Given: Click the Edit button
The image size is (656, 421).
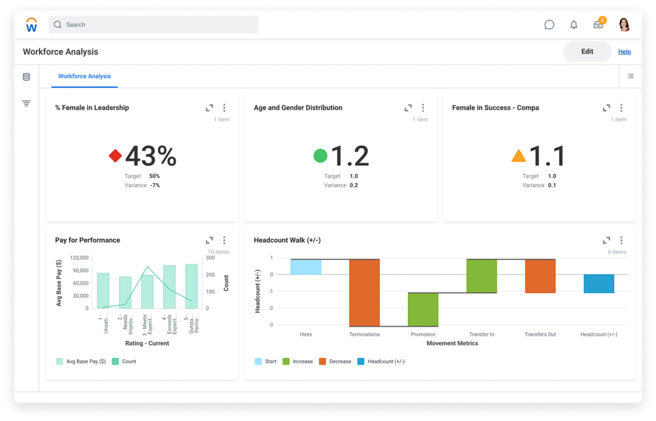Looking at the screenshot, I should [x=587, y=52].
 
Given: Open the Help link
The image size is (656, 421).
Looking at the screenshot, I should [x=625, y=52].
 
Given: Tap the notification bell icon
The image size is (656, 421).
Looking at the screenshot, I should [x=574, y=25].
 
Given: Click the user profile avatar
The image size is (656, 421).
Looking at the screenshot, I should [x=624, y=25].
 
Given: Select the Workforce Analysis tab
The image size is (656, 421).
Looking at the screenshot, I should [x=85, y=76].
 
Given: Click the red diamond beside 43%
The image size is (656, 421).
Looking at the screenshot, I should [x=115, y=156].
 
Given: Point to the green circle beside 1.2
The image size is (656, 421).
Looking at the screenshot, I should [x=320, y=156].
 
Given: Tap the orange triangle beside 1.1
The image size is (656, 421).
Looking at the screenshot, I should [x=518, y=156].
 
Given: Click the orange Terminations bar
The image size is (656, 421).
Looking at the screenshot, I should [x=364, y=292].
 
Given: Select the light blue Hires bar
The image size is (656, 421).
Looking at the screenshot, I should [x=306, y=267].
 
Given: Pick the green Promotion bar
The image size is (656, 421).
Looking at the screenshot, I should [x=423, y=310].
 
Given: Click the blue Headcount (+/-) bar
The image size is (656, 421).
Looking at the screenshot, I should [x=598, y=283].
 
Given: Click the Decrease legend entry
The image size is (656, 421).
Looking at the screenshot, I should [x=335, y=361].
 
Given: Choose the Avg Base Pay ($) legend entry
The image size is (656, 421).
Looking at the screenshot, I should [x=81, y=361].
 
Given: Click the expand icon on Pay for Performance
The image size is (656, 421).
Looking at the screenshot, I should [x=209, y=240].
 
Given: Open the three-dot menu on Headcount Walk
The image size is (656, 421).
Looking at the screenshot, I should [x=621, y=240].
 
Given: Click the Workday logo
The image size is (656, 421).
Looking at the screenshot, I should [x=31, y=25].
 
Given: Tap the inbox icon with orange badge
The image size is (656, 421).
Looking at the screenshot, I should [x=598, y=25].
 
